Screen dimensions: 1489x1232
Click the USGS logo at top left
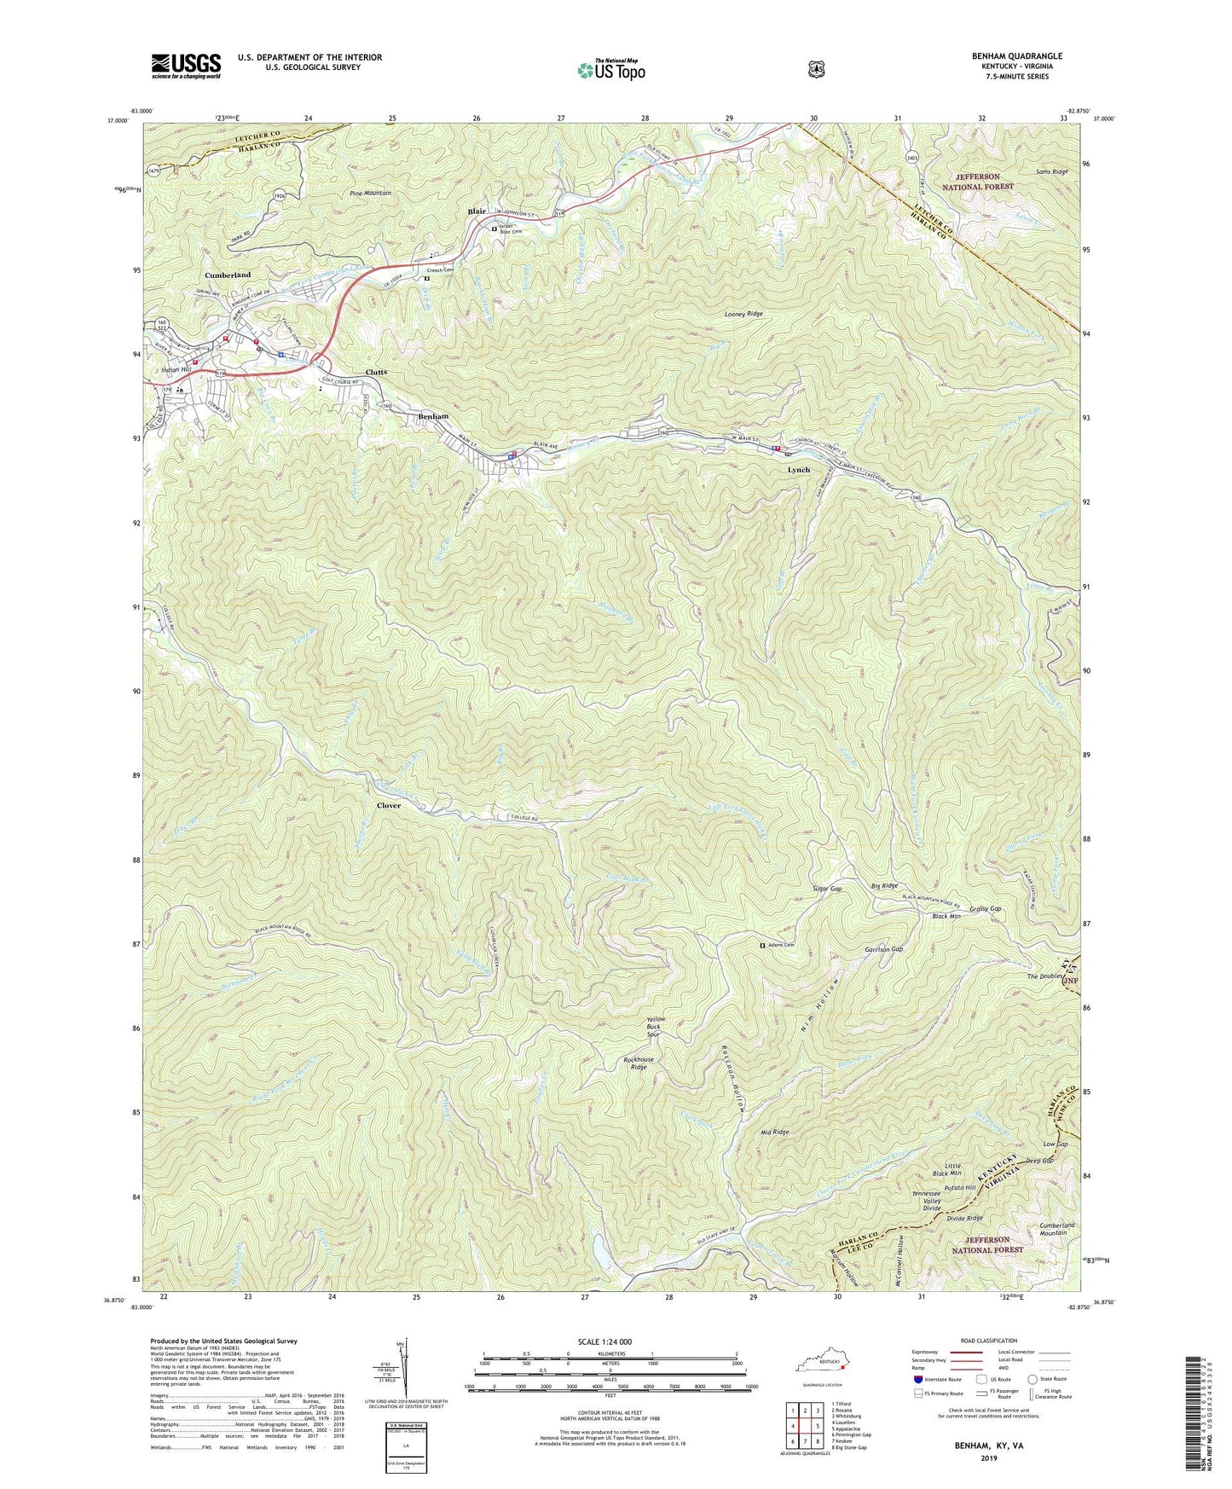click(x=186, y=65)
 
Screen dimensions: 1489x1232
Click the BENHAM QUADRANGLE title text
click(x=1009, y=56)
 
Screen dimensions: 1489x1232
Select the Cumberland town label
click(x=228, y=275)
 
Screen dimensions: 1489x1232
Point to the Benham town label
click(x=433, y=416)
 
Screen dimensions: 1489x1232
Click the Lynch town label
click(x=798, y=470)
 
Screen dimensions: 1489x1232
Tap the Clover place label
click(x=389, y=805)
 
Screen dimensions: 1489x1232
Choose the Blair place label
click(x=477, y=211)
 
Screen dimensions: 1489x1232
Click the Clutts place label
click(x=376, y=373)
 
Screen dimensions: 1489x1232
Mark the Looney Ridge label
click(x=743, y=314)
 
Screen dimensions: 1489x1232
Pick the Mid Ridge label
click(x=774, y=1132)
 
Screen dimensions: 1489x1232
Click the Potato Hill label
click(x=959, y=1187)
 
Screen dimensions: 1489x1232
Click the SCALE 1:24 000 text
click(x=604, y=1341)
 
